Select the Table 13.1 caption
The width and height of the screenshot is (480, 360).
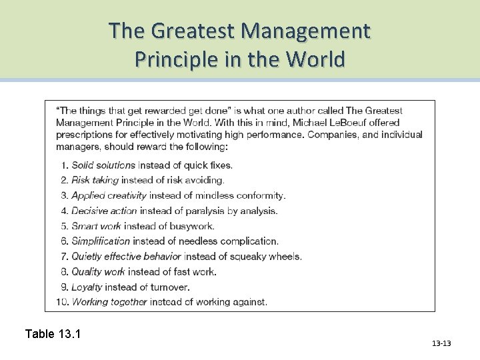click(53, 333)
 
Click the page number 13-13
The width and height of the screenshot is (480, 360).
click(441, 343)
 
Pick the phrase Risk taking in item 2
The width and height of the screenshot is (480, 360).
click(95, 180)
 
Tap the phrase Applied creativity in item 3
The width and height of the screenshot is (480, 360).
click(109, 195)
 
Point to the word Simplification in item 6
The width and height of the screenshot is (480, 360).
click(101, 241)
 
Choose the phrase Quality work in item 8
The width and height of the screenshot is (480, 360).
click(98, 271)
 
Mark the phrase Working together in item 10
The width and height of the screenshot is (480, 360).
click(109, 302)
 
